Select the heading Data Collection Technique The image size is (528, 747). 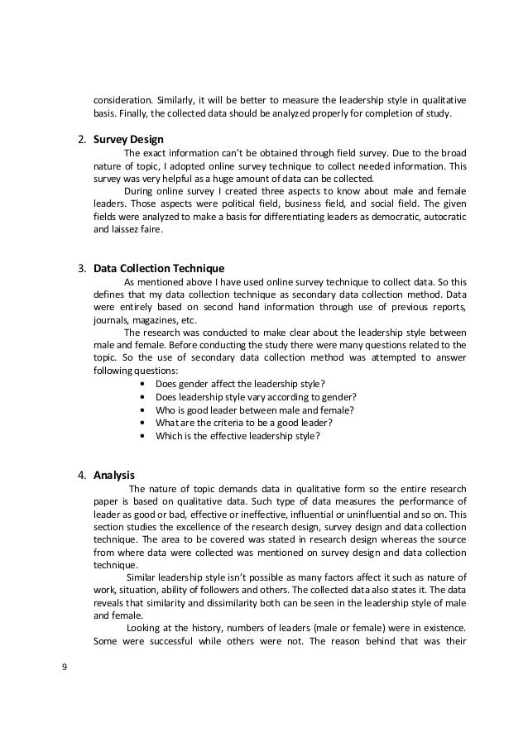point(159,268)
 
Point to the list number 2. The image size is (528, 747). point(82,138)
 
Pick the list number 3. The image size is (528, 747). point(82,268)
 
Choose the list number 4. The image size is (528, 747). point(82,475)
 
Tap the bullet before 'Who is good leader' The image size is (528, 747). point(146,409)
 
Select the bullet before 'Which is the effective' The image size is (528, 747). point(146,435)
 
